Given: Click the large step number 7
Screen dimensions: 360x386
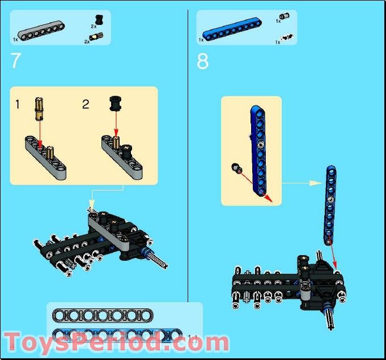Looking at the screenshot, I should coord(16,61).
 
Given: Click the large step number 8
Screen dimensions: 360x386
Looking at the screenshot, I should coord(203,61).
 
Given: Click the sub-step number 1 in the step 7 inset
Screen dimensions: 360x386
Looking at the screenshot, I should coord(18,104).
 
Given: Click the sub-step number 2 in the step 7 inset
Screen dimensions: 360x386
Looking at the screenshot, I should coord(86,104).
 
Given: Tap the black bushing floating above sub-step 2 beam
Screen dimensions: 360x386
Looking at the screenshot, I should coord(115,104).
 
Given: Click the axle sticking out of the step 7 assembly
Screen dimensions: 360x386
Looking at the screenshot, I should coord(159,260).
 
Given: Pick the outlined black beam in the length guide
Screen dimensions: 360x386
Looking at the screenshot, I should coord(103,315).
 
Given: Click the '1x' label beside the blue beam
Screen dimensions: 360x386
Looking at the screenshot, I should coord(201,40).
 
